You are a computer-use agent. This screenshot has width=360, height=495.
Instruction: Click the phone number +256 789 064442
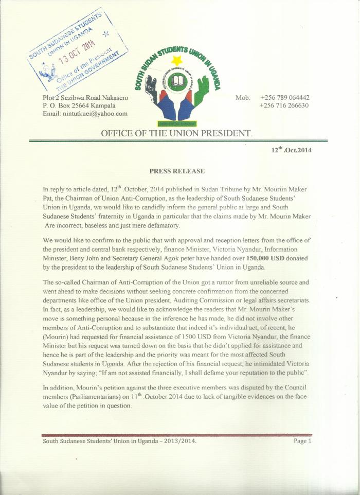pos(284,97)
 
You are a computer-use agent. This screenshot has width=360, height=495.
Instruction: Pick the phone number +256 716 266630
pos(284,105)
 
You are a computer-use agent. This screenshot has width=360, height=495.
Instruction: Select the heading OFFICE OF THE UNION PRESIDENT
pos(177,134)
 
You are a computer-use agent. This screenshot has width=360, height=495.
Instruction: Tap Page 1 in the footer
pos(302,440)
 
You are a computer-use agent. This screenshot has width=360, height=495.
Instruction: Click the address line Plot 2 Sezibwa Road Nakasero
pos(86,97)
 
